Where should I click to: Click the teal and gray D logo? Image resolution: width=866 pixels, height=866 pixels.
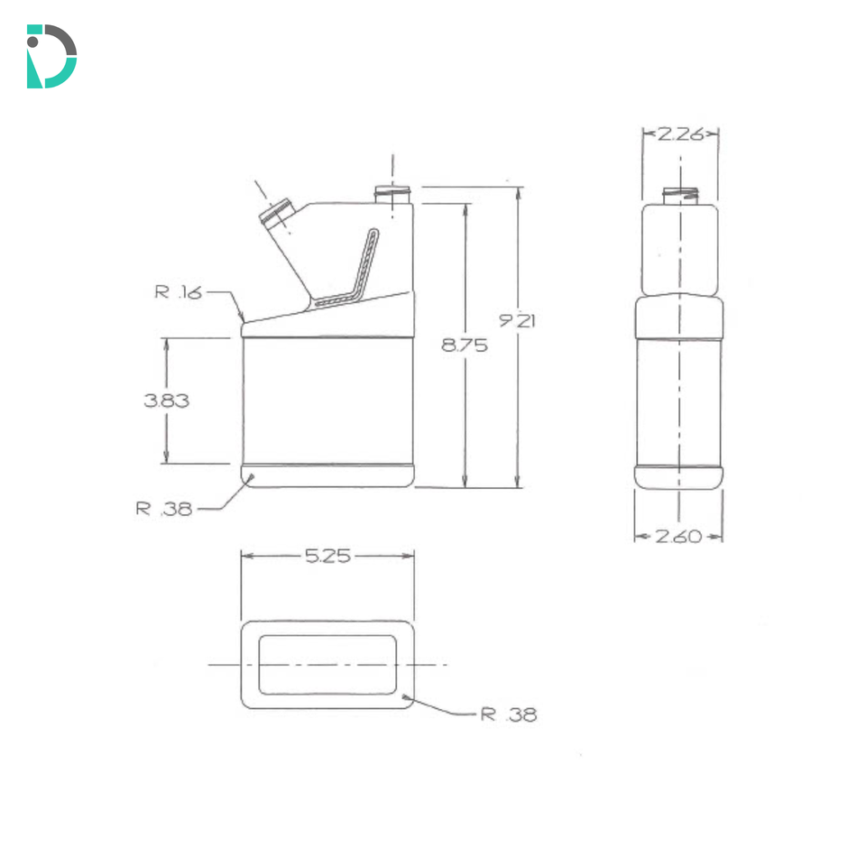click(x=51, y=56)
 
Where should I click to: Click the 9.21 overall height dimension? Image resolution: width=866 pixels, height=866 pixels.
click(x=517, y=320)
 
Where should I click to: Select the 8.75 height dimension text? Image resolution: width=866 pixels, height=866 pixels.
click(x=465, y=345)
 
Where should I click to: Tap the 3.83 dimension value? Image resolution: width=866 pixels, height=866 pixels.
click(x=166, y=401)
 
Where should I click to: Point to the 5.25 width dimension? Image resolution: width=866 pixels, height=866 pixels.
click(x=328, y=556)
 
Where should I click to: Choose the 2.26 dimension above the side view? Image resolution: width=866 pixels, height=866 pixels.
click(x=680, y=134)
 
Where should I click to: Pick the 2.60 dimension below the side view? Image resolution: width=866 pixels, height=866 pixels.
click(x=678, y=536)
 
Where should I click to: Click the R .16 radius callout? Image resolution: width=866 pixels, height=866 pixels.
click(x=179, y=291)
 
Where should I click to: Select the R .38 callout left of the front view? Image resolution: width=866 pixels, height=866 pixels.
click(x=164, y=508)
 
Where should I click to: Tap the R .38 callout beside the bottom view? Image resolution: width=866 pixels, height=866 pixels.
click(x=509, y=714)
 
